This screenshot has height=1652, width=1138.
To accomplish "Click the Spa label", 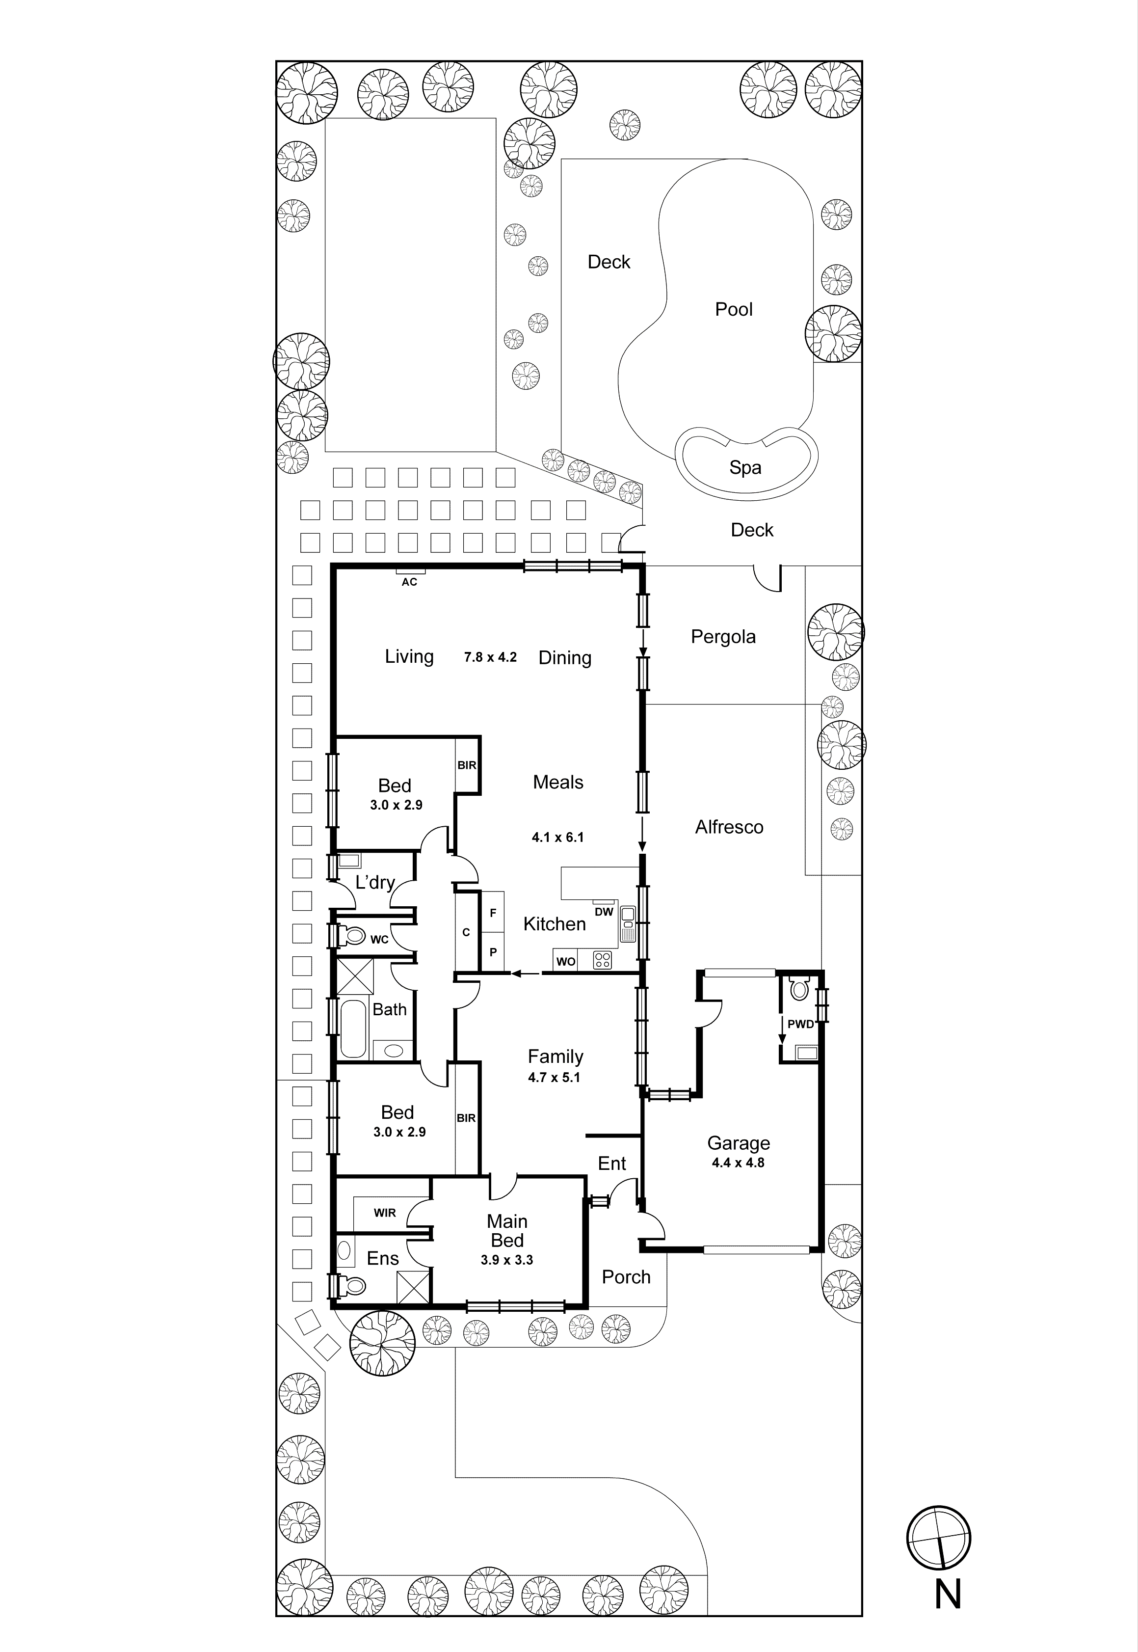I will click(745, 468).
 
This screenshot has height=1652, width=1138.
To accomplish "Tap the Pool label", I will click(734, 310).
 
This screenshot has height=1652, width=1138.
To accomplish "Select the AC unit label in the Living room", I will click(409, 582).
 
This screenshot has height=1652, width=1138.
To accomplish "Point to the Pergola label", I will click(723, 637).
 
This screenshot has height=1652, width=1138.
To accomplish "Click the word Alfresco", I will click(729, 827).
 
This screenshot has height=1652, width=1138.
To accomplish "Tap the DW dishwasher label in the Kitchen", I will click(604, 912).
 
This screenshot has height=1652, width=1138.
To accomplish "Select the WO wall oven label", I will click(565, 962).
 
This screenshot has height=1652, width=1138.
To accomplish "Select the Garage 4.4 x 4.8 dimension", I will click(738, 1163).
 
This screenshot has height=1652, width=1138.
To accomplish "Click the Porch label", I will click(626, 1277).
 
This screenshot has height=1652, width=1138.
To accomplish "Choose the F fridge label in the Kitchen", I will click(493, 913).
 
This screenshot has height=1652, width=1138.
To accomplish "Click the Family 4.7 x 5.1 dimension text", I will click(554, 1078).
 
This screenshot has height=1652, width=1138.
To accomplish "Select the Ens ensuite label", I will click(382, 1259).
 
